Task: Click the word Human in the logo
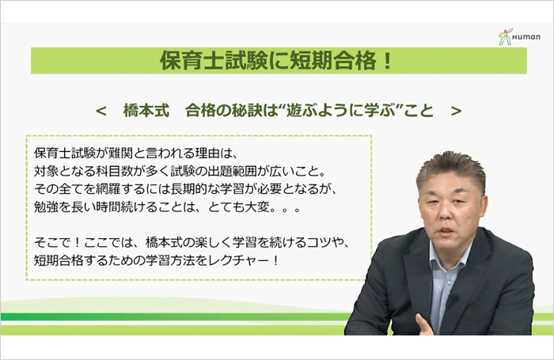tap(526, 36)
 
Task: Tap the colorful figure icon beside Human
tap(506, 36)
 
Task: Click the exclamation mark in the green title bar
tap(387, 60)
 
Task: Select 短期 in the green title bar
tap(310, 60)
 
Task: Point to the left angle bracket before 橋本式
tap(101, 112)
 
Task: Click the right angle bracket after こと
tap(456, 112)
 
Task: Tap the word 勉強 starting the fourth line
tap(46, 207)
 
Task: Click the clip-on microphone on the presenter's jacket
tap(452, 301)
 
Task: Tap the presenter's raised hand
tap(425, 324)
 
